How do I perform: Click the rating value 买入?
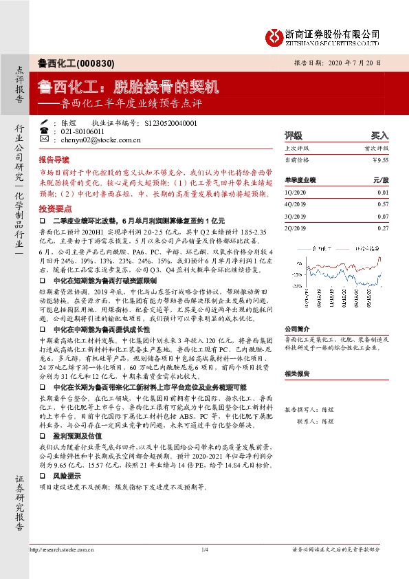pos(380,136)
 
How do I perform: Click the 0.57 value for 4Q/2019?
pos(383,204)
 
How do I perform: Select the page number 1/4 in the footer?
pos(204,549)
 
